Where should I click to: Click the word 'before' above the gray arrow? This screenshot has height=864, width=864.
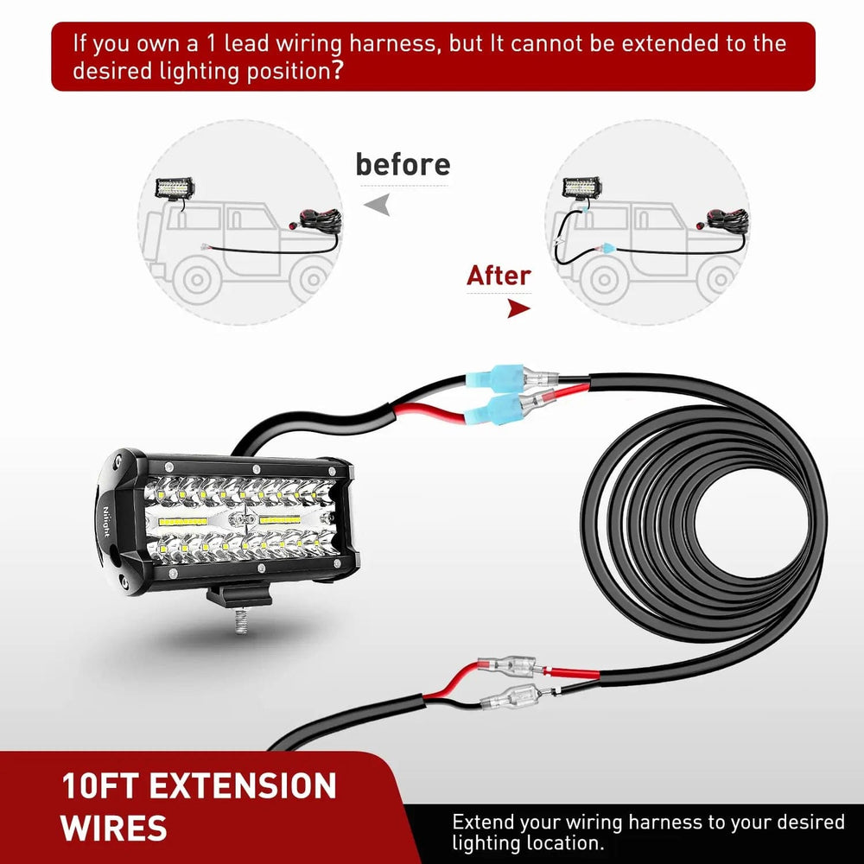403,164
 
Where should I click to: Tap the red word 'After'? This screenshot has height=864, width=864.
499,276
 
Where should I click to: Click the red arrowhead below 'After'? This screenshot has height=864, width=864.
517,308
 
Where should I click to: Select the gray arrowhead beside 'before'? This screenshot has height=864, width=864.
378,205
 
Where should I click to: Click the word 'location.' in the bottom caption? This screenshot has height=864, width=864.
559,843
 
